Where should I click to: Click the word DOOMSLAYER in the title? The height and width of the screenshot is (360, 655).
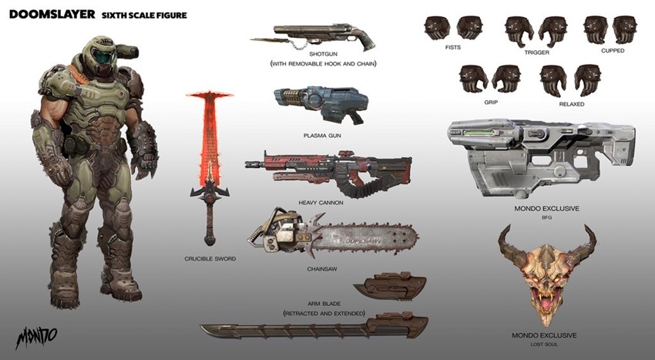point(52,14)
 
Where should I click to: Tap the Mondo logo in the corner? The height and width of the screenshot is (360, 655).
point(36,337)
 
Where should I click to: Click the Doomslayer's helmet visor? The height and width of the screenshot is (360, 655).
point(101,56)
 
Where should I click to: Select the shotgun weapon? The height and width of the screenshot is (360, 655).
point(314,37)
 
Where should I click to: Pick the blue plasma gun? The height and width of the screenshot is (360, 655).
point(321,104)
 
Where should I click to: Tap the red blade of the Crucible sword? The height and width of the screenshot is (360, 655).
point(209,134)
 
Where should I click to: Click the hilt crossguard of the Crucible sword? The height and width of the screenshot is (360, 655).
point(210,193)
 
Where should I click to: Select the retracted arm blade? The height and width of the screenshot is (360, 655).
point(390,287)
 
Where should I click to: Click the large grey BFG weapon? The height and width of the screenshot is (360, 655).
point(541,157)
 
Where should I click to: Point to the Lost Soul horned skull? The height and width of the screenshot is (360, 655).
point(547,274)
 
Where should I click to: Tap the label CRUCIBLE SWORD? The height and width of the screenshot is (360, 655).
point(210,259)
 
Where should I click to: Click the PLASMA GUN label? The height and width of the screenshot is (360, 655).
point(322,136)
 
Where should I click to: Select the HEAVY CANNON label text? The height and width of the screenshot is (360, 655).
point(321,203)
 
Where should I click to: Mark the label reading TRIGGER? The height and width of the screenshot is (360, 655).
point(537,52)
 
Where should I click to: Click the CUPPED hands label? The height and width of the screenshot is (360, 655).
point(613,51)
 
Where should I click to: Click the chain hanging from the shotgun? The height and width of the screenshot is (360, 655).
point(300,43)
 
